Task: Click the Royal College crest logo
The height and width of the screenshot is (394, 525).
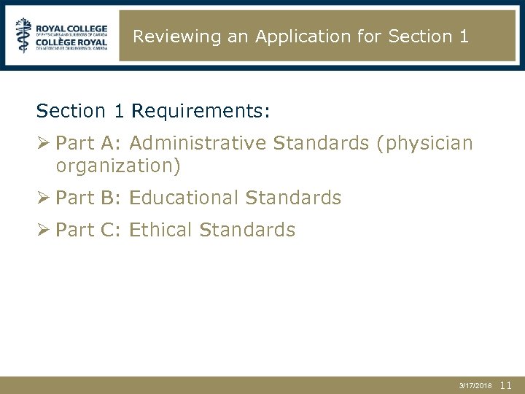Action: coord(24,35)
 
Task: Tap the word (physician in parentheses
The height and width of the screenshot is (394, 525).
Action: coord(424,143)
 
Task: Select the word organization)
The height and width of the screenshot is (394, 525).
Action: coord(118,166)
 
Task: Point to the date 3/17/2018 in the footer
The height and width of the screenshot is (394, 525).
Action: coord(475,386)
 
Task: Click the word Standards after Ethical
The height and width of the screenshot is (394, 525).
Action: coord(247,230)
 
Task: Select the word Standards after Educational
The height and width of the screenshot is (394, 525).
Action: coord(293,198)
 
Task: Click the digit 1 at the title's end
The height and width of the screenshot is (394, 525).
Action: coord(464,36)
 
